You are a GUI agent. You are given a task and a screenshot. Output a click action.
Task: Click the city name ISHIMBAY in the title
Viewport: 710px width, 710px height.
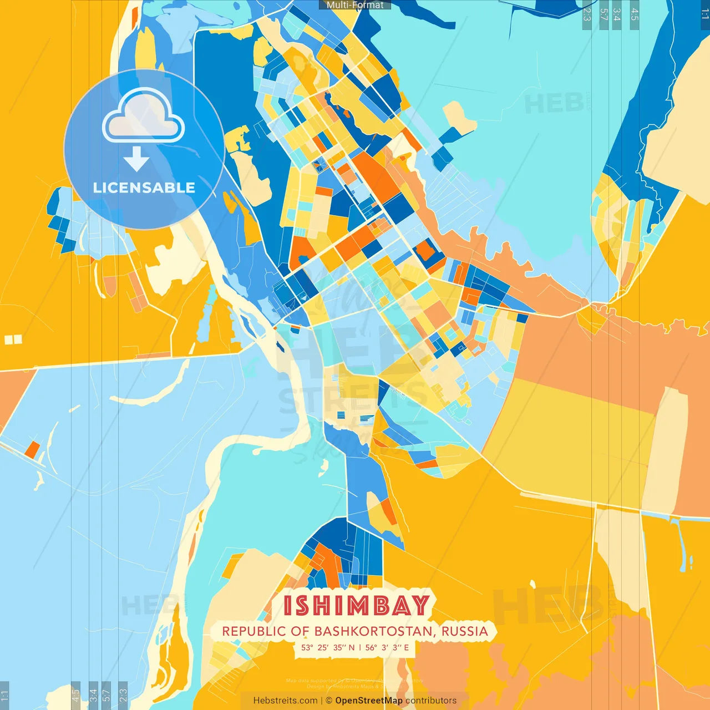pos(356,606)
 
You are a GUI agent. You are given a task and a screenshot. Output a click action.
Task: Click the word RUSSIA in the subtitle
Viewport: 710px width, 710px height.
pos(465,631)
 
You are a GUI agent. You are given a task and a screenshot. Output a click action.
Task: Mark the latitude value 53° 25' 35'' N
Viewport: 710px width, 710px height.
pos(328,647)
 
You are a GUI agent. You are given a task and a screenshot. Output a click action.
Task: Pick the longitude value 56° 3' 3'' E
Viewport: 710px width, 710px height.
pos(387,647)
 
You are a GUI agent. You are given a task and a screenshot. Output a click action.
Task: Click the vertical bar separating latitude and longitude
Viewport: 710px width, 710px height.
pos(360,647)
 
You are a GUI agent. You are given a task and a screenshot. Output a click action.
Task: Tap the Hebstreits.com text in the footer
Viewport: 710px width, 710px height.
pos(285,701)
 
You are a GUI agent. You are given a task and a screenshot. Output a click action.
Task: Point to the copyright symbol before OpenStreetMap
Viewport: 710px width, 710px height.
pos(329,701)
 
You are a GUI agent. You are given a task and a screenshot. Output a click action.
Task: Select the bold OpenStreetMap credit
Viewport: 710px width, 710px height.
pos(369,701)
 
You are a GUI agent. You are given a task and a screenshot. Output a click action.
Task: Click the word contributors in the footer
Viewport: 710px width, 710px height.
pos(431,701)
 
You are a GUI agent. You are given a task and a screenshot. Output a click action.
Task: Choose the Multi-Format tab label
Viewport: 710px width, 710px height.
pos(355,5)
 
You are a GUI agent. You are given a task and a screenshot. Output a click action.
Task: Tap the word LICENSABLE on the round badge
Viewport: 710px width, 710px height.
pos(144,187)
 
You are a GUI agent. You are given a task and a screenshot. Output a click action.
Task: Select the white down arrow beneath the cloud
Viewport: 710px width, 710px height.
pos(136,159)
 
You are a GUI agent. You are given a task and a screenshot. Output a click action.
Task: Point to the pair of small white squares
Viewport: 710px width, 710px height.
pos(13,339)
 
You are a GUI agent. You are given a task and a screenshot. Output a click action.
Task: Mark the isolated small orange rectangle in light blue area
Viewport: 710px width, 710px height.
pos(32,449)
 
